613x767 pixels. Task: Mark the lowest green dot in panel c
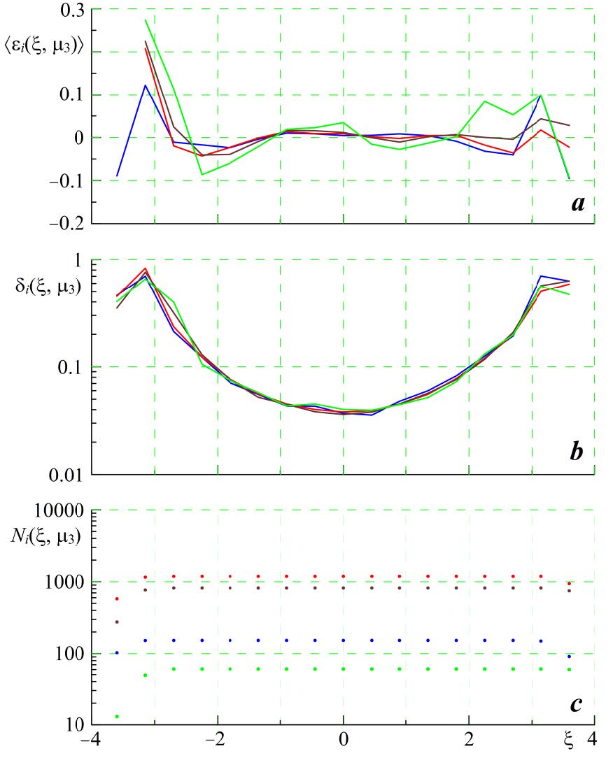117,716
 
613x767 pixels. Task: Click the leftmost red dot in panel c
117,599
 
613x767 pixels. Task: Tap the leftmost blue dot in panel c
117,652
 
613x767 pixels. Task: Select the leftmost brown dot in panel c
117,622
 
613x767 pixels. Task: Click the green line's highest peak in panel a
146,20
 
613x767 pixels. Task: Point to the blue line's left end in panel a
117,176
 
